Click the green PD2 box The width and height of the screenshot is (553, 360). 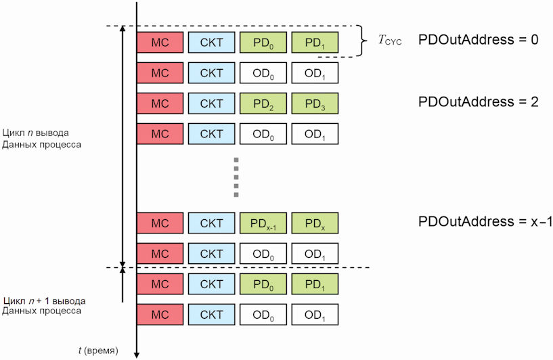click(x=263, y=104)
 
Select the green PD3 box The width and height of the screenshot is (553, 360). click(x=315, y=104)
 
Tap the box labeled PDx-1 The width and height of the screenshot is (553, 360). click(x=263, y=223)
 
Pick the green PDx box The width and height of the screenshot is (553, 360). click(x=315, y=223)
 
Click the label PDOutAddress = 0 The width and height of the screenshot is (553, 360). click(x=479, y=39)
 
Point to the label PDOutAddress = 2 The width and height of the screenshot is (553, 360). click(x=479, y=102)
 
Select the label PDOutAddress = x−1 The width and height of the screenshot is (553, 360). click(x=485, y=221)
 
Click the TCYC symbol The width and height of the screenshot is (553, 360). click(x=390, y=40)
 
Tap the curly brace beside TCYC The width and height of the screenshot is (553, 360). click(x=363, y=41)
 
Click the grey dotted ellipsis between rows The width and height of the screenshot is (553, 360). click(x=236, y=177)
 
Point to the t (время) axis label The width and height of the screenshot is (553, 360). click(x=98, y=351)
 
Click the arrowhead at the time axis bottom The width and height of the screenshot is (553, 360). click(x=137, y=355)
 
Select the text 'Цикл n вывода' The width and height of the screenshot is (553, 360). click(x=36, y=133)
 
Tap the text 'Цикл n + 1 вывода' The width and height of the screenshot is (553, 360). click(x=45, y=300)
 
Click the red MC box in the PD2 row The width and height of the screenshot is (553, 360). click(x=160, y=104)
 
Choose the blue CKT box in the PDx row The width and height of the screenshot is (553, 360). click(x=212, y=223)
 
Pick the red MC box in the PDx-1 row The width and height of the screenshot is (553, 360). click(x=160, y=223)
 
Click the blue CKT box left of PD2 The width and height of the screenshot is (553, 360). click(x=212, y=104)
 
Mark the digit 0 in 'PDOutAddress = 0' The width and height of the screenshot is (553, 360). click(x=535, y=39)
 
